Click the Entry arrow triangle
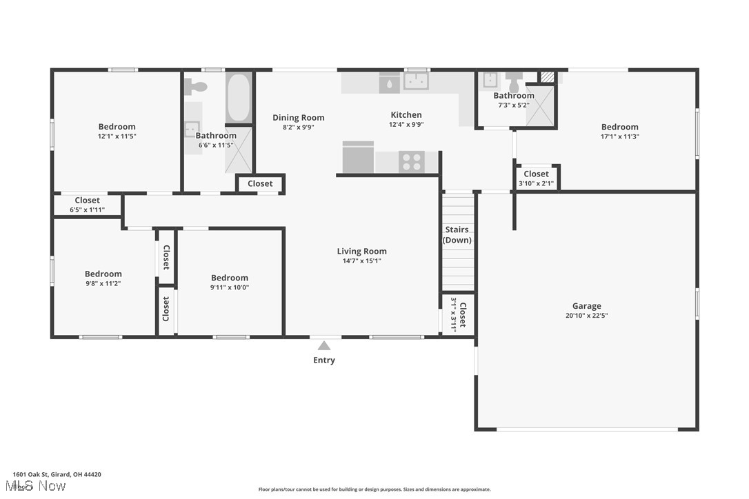323,346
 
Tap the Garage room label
586,306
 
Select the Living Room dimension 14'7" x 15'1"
361,261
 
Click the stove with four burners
411,162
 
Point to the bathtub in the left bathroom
239,97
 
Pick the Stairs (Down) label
457,235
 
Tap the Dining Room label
298,118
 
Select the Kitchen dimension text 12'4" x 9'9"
406,125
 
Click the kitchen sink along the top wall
416,81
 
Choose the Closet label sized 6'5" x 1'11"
87,201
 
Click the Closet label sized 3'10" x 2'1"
536,174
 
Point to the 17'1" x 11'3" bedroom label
619,127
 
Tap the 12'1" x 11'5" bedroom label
117,127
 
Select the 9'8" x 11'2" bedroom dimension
103,283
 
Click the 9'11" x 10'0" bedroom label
230,278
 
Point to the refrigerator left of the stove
358,158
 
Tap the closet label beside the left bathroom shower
260,184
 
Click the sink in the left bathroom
191,129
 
